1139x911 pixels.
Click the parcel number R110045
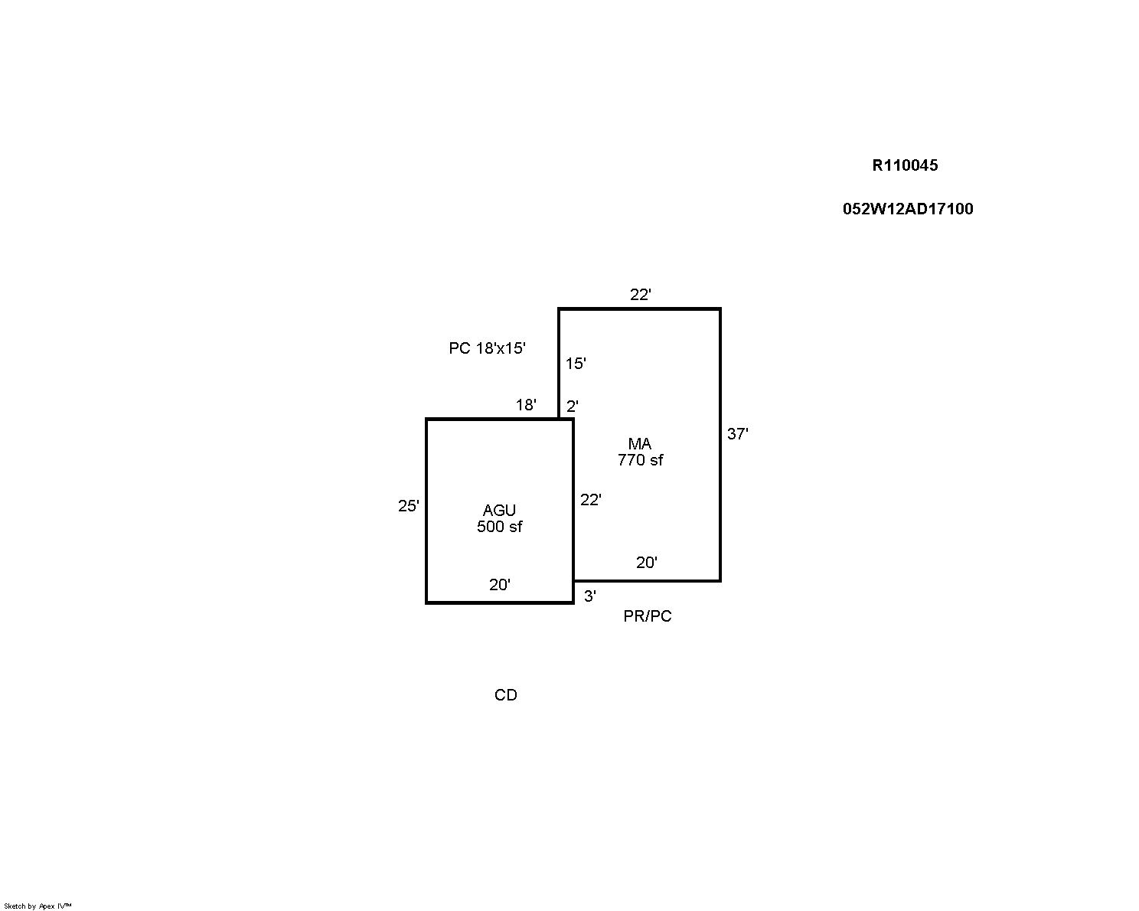pos(905,165)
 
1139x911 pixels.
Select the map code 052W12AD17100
pos(908,209)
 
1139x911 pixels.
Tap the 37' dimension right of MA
pos(737,434)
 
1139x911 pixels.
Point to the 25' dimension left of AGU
pos(408,506)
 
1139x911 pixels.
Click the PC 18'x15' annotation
pos(487,348)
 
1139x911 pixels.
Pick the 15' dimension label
pos(576,364)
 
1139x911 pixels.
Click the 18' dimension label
pos(526,405)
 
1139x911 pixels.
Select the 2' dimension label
pos(572,407)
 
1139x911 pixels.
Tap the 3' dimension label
pos(589,596)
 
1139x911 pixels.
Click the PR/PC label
pos(648,616)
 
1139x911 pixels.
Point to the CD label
pos(505,695)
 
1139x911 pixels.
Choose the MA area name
pos(639,443)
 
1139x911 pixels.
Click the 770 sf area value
pos(640,460)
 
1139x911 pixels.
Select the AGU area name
pos(499,511)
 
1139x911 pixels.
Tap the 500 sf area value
pos(499,527)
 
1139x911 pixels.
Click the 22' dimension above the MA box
pos(641,295)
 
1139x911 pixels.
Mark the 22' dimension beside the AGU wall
pos(591,500)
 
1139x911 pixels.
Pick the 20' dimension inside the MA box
pos(646,563)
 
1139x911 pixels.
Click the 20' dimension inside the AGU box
pos(500,585)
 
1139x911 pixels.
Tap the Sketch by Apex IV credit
pos(38,906)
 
